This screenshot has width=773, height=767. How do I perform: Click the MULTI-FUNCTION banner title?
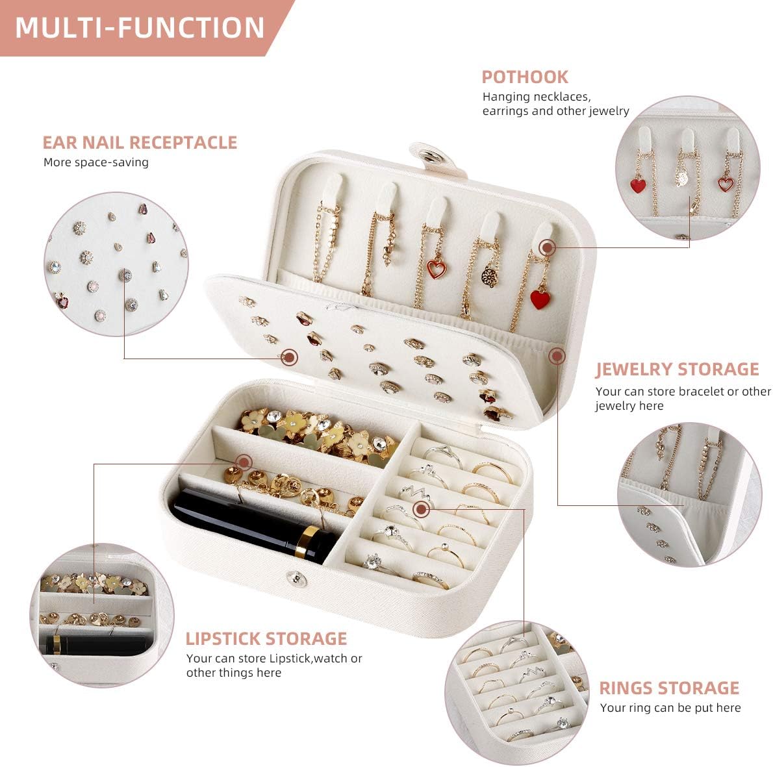[140, 28]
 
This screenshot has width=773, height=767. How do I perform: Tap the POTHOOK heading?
[524, 77]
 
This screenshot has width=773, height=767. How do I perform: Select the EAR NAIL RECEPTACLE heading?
[140, 142]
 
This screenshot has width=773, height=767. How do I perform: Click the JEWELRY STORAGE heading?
[677, 369]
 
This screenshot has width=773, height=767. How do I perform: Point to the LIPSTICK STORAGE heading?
[266, 638]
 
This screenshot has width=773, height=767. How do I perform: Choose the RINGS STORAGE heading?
[668, 688]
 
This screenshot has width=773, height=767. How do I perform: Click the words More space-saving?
[95, 162]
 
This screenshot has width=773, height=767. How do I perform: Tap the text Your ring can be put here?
[670, 708]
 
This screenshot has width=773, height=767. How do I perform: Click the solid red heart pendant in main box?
[540, 299]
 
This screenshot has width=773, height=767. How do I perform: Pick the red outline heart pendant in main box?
[436, 268]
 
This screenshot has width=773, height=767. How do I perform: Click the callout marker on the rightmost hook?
[547, 247]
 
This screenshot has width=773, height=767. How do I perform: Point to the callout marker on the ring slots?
[422, 509]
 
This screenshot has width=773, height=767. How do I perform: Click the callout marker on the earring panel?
[290, 356]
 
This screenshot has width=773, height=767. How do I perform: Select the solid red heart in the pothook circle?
[639, 186]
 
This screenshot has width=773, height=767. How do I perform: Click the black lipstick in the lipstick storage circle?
[97, 644]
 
